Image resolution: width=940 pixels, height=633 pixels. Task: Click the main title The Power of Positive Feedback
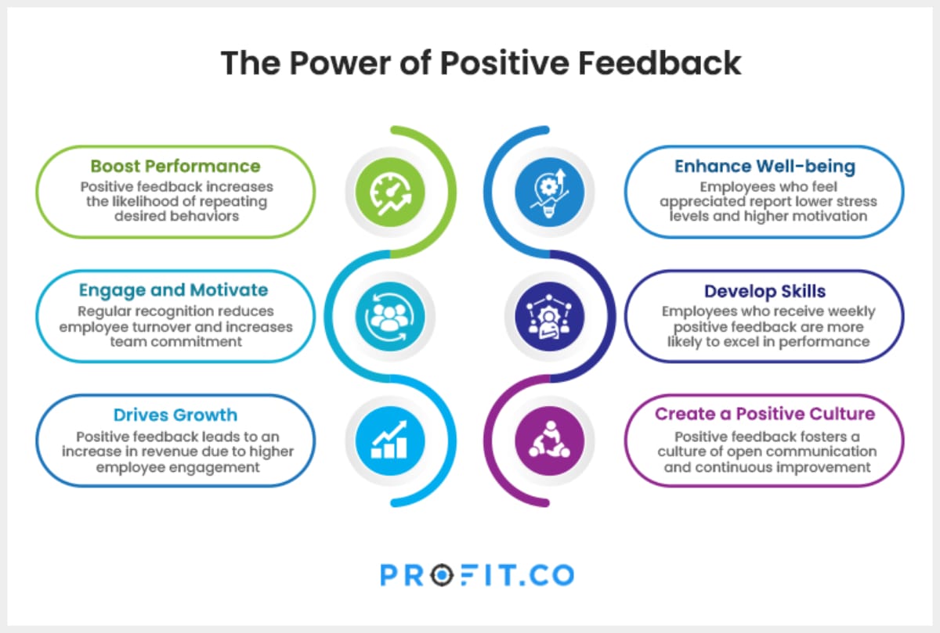480,63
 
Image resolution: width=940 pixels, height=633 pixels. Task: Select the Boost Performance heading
175,166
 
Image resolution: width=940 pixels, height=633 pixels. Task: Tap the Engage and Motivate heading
173,290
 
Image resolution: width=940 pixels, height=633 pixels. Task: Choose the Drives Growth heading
175,415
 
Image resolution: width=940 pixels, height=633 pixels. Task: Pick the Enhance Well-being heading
765,166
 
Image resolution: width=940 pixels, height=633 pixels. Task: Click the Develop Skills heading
765,291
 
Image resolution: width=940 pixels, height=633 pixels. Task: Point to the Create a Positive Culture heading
765,414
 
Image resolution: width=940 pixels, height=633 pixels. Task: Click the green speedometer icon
389,192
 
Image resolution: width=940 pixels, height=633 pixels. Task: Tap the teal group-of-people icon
389,316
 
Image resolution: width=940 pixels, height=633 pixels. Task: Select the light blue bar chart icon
389,441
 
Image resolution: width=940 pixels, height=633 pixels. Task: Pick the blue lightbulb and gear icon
549,192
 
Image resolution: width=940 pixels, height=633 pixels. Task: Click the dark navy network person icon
549,316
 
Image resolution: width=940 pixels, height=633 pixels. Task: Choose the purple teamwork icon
549,441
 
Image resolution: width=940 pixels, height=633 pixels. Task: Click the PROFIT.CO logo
477,576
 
